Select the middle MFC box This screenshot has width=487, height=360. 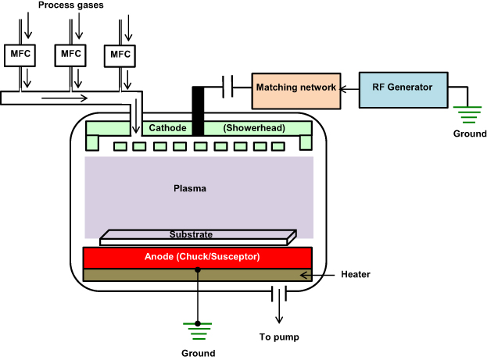tap(70, 54)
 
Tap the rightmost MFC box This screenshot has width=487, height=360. tap(120, 54)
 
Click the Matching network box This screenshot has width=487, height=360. tap(296, 87)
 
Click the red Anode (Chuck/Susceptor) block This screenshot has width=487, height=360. tap(198, 257)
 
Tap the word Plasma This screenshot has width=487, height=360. tap(191, 188)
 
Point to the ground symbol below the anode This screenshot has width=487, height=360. tap(198, 328)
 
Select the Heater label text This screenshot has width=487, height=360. tap(356, 275)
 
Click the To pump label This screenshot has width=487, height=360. tap(280, 337)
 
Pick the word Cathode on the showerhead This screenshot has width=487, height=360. tap(168, 127)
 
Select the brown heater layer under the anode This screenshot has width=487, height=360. tap(198, 275)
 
